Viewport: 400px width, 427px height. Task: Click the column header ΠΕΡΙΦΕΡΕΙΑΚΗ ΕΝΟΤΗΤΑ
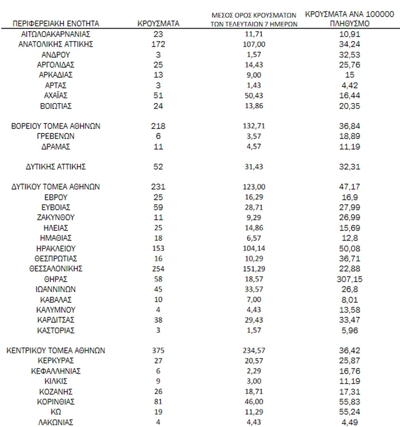pos(56,23)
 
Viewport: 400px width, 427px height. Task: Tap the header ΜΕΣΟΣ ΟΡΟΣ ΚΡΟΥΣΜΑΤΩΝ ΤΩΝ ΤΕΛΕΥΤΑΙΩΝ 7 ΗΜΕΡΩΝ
pos(254,20)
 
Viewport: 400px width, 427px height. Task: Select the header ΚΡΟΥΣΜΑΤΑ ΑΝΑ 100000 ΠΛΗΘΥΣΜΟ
pos(350,18)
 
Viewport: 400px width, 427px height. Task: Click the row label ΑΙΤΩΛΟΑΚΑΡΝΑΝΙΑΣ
pos(56,34)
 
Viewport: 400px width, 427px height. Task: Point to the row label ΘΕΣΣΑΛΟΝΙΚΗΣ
pos(56,269)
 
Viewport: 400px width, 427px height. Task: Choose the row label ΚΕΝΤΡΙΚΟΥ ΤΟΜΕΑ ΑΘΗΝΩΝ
pos(56,350)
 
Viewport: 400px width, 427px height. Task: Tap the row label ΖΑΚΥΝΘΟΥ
pos(56,218)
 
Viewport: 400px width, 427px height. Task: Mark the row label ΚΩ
pos(56,412)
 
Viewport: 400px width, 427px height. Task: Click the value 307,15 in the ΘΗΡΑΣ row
pos(350,279)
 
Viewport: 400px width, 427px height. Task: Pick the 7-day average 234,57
pos(254,350)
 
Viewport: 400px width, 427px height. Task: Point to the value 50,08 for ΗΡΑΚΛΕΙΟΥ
pos(350,248)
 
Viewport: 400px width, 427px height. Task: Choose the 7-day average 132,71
pos(254,126)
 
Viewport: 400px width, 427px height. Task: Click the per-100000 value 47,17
pos(350,187)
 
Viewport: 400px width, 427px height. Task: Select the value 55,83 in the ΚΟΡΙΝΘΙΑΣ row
pos(350,401)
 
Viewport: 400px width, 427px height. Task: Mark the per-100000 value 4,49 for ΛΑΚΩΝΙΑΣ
pos(350,422)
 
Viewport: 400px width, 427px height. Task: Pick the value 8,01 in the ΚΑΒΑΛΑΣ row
pos(350,299)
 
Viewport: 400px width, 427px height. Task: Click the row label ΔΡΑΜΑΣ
pos(56,146)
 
